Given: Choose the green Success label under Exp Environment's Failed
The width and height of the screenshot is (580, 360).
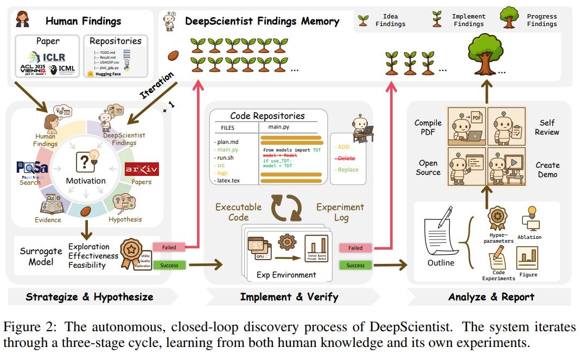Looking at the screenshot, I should [355, 265].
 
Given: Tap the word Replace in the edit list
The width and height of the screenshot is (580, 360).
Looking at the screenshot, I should [348, 169].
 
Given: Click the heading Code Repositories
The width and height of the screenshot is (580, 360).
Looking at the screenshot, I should [267, 115].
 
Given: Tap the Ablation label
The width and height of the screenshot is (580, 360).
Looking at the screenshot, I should [529, 237].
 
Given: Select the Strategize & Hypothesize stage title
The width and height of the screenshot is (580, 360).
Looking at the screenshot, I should [90, 296].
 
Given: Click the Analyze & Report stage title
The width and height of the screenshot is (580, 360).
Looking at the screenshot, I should [491, 296].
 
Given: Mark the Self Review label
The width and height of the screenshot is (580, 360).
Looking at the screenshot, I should [546, 128].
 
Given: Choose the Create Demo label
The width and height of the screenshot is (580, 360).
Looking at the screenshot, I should [547, 169].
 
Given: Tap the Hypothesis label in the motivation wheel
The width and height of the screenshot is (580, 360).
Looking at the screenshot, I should [125, 219].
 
